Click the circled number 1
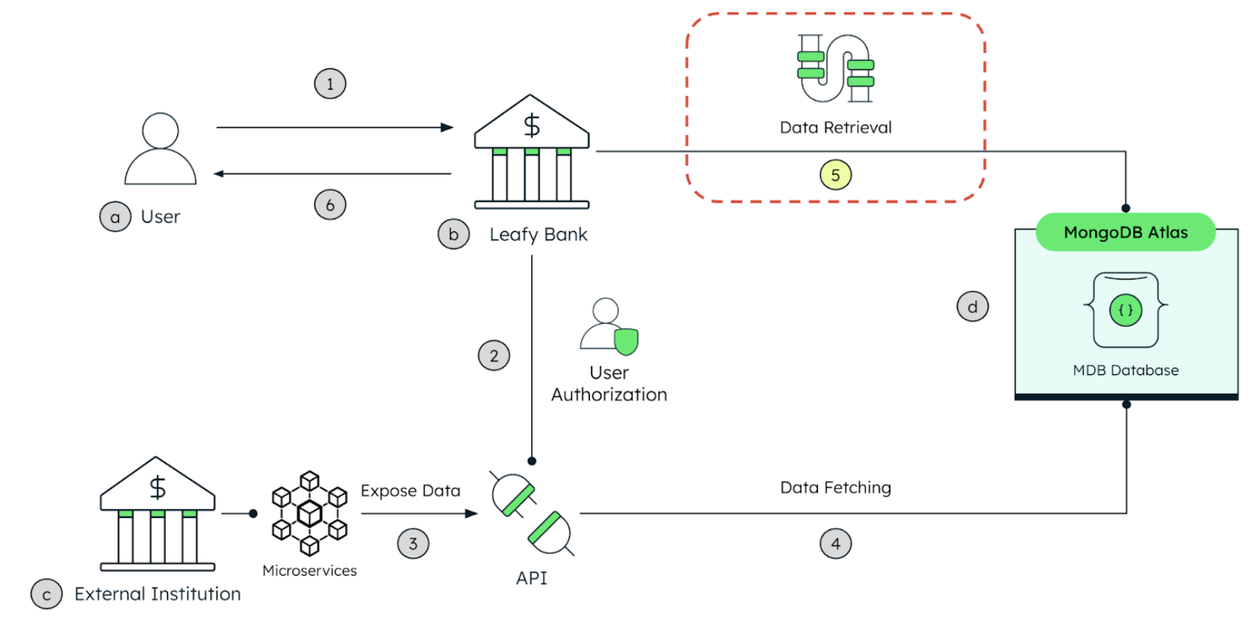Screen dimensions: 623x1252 330,84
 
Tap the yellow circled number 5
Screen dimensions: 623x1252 835,175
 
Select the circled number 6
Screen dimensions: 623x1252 330,205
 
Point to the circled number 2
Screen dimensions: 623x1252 494,356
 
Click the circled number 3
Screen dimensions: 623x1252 413,543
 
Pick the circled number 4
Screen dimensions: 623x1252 835,543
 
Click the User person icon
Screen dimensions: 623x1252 161,149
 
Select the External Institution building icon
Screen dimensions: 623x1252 158,514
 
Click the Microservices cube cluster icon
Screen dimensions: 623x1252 309,514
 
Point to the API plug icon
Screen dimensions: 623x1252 532,514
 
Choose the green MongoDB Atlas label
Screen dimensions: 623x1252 1125,232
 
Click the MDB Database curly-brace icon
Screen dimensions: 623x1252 1126,310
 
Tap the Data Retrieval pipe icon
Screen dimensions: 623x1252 835,69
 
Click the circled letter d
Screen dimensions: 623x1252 973,307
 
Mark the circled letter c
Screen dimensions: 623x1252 47,595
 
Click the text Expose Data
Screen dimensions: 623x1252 410,491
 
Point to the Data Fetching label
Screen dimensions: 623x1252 835,487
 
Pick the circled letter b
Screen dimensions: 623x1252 454,234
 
